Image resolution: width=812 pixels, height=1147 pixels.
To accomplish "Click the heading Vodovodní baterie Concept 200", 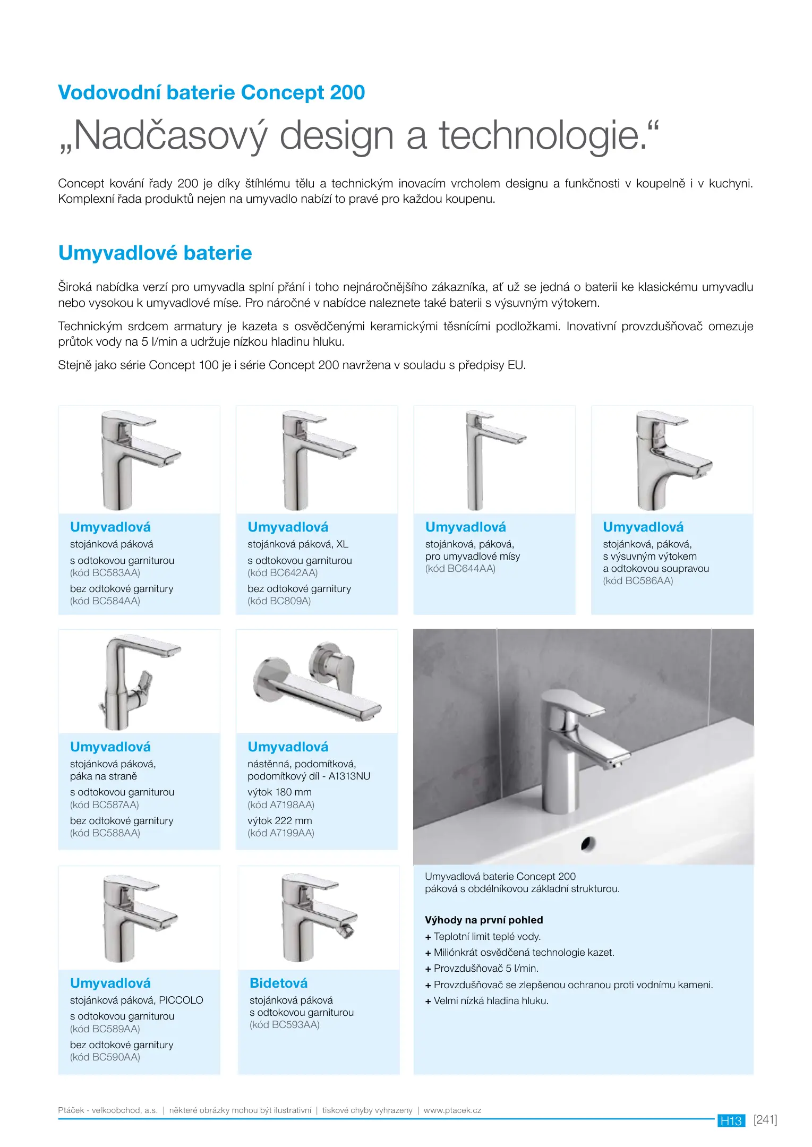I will [x=211, y=93].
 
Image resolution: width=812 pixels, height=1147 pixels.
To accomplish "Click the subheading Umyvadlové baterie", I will [x=155, y=253].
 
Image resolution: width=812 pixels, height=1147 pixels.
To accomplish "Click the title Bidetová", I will [x=278, y=983].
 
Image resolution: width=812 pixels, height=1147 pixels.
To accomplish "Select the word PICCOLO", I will [x=181, y=1000].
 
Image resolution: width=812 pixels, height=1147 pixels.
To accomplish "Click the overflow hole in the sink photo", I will [x=588, y=843].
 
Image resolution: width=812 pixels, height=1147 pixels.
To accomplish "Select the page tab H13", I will [x=731, y=1121].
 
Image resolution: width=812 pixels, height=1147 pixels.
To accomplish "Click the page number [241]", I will [x=765, y=1120].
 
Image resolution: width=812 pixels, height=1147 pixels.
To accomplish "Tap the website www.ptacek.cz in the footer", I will [x=452, y=1110].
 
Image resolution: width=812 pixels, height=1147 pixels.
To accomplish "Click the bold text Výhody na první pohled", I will [x=484, y=920].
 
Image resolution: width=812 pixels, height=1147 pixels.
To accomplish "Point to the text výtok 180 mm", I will [x=279, y=792].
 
